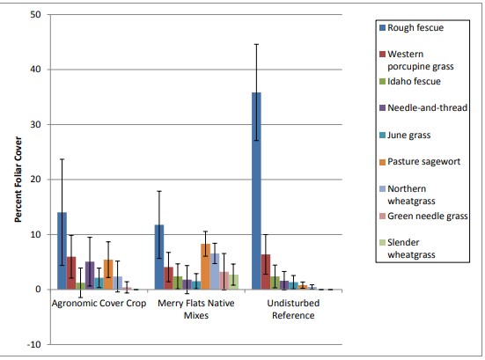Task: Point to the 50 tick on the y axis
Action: click(x=34, y=15)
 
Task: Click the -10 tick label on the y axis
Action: click(x=33, y=344)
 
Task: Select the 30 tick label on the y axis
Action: click(x=34, y=125)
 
